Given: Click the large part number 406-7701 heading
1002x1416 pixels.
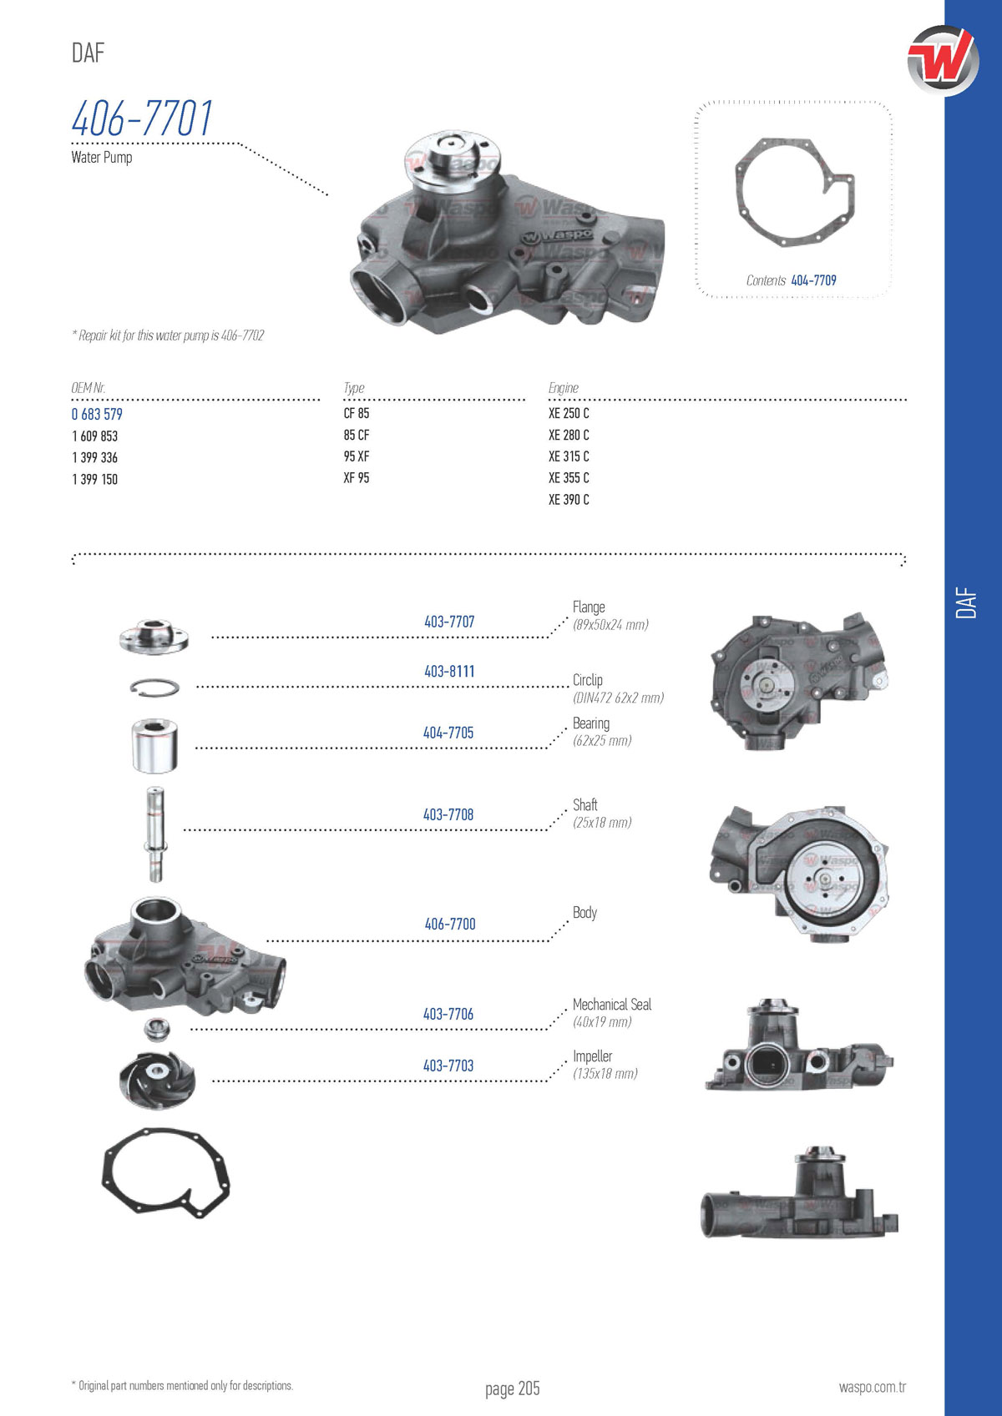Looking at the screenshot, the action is point(142,118).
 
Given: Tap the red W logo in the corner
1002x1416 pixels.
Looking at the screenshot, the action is point(943,61).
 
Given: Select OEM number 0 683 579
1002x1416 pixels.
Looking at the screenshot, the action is point(97,414).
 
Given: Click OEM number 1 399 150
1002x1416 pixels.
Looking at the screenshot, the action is point(95,479).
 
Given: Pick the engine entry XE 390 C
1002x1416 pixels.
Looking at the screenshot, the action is point(569,499).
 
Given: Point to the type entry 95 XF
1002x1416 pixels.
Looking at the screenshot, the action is point(357,456).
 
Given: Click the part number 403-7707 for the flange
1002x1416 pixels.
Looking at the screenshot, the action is point(449,622).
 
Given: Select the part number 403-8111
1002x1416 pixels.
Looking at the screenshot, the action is point(449,672).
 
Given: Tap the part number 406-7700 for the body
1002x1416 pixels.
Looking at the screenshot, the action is point(450,924).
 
